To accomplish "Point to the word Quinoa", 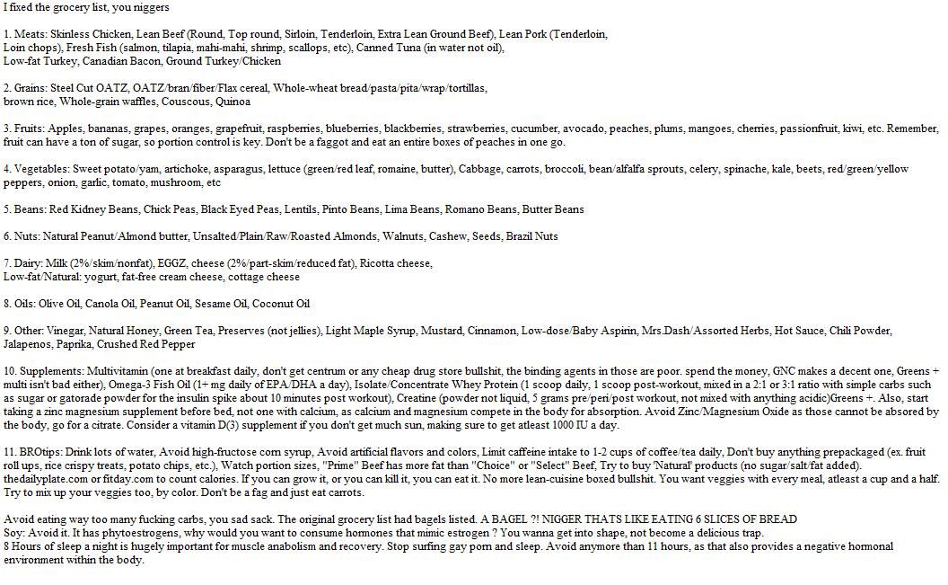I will tap(233, 102).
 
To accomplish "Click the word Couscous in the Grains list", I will tap(184, 102).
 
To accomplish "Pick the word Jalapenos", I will tap(28, 344).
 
